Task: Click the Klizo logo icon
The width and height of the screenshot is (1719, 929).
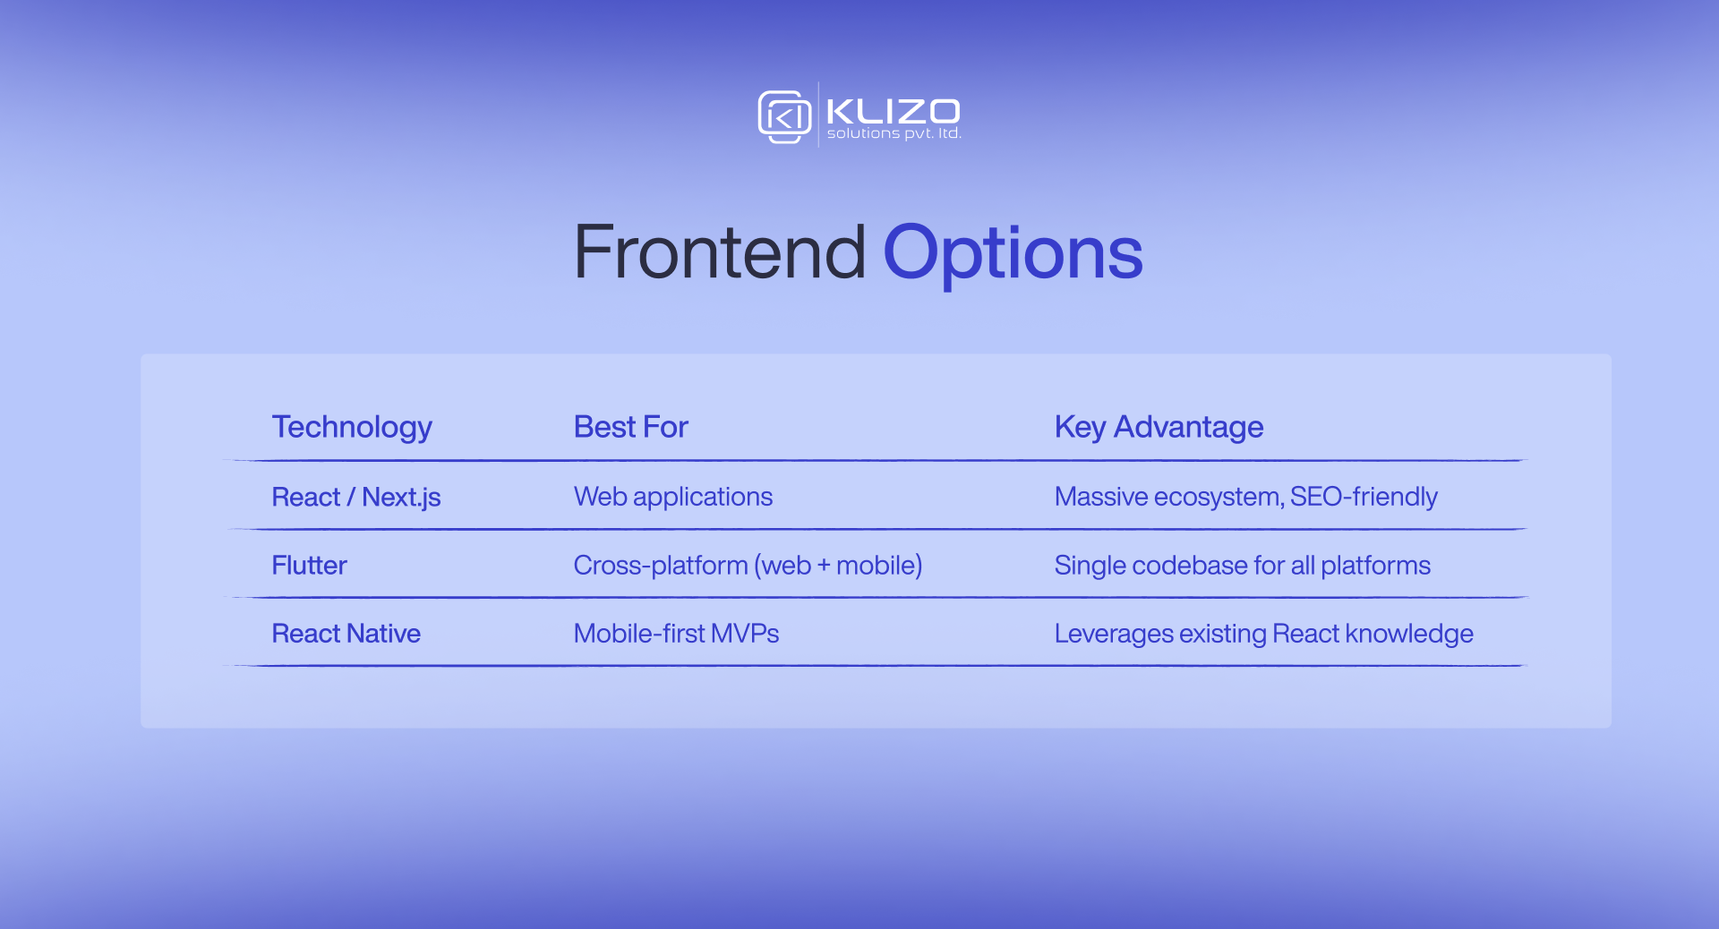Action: point(784,116)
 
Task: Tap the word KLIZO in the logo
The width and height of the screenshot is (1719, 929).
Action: point(893,111)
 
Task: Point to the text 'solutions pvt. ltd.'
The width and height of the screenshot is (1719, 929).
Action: point(894,133)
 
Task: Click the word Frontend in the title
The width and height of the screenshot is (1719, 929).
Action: point(719,252)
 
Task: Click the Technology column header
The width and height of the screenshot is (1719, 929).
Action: point(352,427)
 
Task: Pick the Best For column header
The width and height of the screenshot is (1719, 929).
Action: point(630,427)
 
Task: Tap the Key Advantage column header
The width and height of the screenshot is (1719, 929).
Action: point(1159,427)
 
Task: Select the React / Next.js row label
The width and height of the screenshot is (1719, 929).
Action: point(355,497)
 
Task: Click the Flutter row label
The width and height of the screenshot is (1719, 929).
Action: point(309,566)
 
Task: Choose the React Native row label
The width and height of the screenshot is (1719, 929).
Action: point(346,634)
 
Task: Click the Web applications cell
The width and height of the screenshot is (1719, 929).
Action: point(672,497)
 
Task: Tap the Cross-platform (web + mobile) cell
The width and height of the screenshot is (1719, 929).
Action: point(748,566)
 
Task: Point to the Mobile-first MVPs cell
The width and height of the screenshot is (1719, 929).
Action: point(676,634)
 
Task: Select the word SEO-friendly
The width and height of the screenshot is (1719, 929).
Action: point(1363,497)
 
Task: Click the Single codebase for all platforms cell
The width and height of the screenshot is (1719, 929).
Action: point(1242,566)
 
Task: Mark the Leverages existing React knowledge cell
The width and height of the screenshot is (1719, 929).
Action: point(1263,634)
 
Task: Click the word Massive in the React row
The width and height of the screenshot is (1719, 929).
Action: point(1100,497)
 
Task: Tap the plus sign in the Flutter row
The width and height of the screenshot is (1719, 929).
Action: point(824,567)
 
